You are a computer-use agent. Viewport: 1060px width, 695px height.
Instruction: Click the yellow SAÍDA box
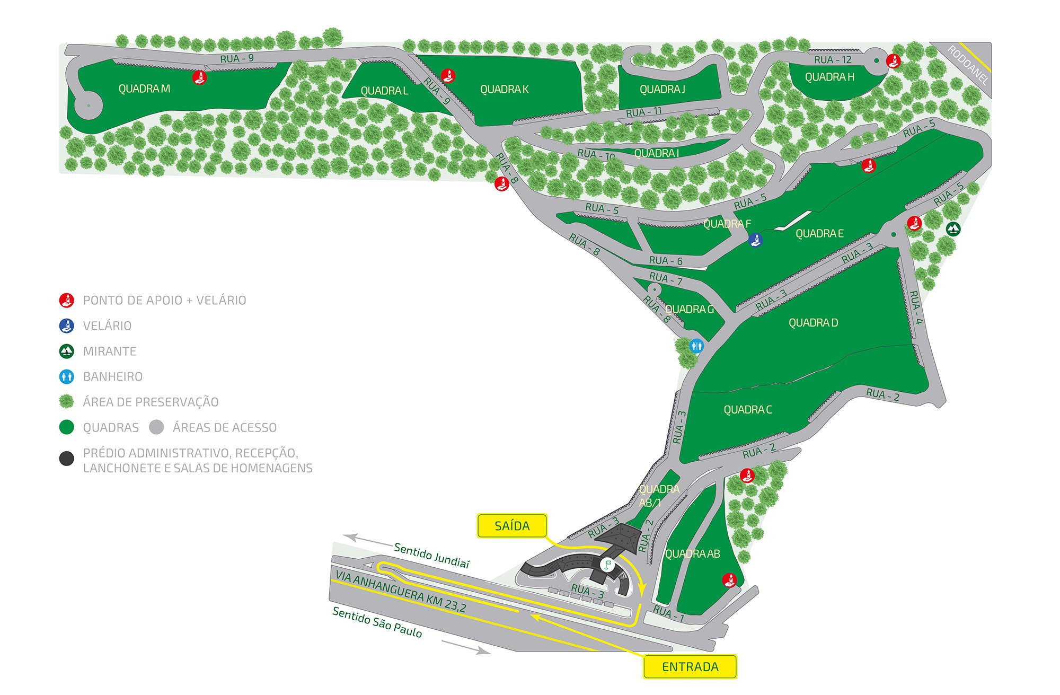(512, 526)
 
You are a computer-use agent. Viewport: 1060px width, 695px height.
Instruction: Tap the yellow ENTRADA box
(690, 667)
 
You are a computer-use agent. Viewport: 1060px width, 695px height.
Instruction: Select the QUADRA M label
(144, 89)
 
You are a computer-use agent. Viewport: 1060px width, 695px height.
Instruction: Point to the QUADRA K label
(504, 90)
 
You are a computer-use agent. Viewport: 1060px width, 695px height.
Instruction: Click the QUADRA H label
(829, 77)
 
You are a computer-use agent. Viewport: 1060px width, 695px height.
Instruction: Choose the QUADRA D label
(813, 323)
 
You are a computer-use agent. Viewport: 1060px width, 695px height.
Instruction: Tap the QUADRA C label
(747, 410)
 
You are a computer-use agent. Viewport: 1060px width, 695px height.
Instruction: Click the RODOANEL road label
(968, 65)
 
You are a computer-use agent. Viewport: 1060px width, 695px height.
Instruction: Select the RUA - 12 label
(833, 60)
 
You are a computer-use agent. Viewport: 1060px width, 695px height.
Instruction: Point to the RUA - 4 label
(916, 307)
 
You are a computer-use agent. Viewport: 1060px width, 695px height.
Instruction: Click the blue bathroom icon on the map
(696, 346)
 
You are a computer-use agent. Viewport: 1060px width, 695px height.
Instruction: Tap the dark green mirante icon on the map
(953, 229)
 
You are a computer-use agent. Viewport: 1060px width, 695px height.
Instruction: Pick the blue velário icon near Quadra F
(755, 240)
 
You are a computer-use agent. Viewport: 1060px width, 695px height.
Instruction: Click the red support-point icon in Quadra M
(199, 77)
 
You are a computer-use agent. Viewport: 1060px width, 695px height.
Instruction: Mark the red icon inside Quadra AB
(730, 580)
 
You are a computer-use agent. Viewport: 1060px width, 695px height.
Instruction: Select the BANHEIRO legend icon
(66, 377)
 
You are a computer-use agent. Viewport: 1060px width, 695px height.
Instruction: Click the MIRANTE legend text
(110, 351)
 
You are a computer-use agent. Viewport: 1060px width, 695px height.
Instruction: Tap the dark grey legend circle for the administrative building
(66, 459)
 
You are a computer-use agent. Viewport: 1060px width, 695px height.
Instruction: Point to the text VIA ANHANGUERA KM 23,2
(401, 592)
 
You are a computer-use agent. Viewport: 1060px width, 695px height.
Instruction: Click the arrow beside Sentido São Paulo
(466, 648)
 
